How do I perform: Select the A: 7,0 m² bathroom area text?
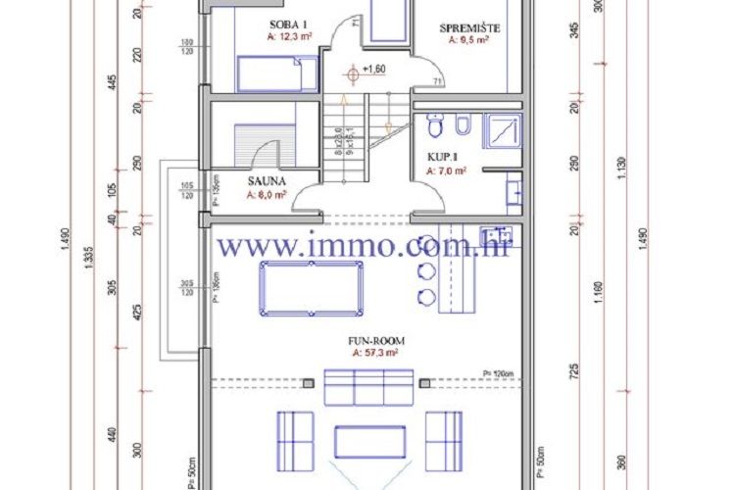[446, 170]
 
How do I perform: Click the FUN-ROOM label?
[368, 341]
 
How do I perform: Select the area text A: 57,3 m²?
[368, 353]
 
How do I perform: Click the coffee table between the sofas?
[369, 441]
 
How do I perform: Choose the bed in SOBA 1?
[277, 73]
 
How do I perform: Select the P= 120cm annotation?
[501, 372]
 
